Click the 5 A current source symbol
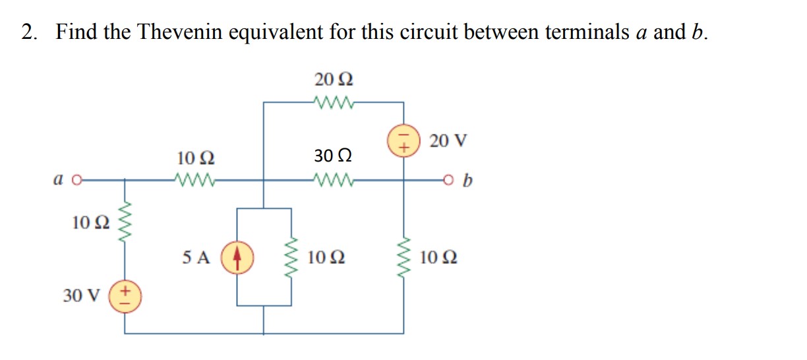point(237,256)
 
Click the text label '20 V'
point(448,140)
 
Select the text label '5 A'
point(196,257)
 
